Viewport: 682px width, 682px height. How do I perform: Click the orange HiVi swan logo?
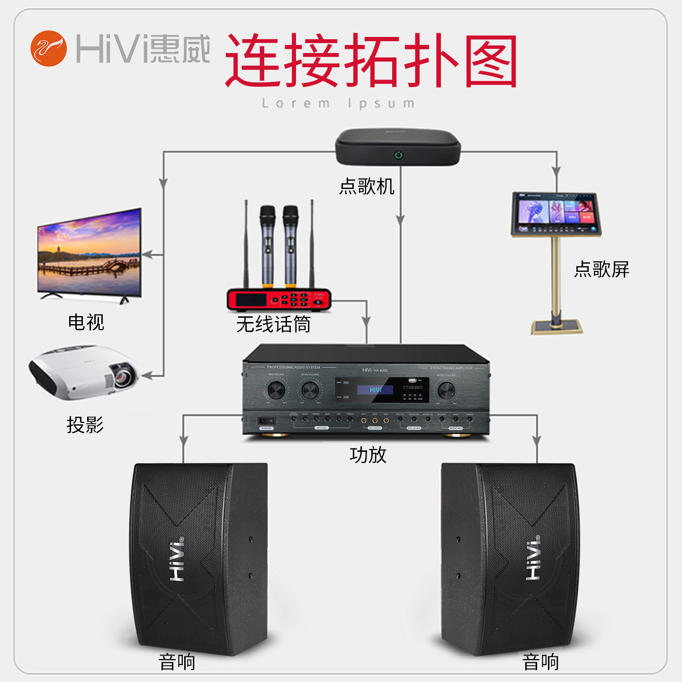[x=49, y=48]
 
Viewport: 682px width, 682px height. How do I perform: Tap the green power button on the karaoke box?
[x=399, y=155]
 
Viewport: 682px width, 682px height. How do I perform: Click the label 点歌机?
[x=367, y=186]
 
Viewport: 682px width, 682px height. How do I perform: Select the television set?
[x=90, y=253]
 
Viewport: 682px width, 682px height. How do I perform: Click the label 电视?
[x=86, y=323]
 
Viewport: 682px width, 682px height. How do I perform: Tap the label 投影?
[x=85, y=425]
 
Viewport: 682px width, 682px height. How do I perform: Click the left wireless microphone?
[x=267, y=246]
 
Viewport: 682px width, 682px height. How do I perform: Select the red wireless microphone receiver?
[x=278, y=299]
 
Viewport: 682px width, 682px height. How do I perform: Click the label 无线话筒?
[x=273, y=325]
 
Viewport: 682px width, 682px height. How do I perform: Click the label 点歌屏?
[x=601, y=269]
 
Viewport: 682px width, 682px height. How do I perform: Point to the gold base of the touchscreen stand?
[x=556, y=327]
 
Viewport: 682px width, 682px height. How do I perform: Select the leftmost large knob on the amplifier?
[x=276, y=390]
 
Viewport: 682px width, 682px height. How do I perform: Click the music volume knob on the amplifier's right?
[x=446, y=390]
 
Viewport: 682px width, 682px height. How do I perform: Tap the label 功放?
[x=368, y=455]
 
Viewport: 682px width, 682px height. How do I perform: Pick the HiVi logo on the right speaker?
[x=533, y=559]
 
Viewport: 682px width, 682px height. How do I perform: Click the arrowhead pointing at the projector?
[x=147, y=376]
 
